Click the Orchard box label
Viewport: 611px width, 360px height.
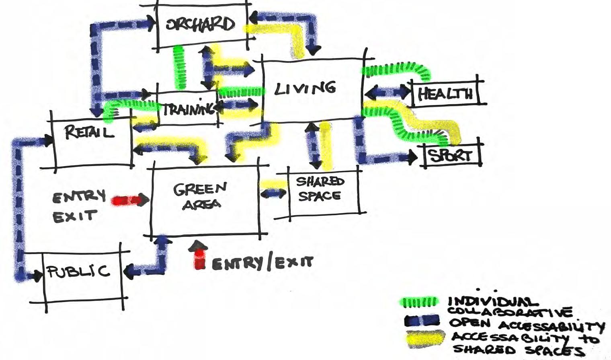click(x=200, y=24)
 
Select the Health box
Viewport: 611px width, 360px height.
click(x=445, y=94)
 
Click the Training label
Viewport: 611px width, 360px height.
click(x=188, y=109)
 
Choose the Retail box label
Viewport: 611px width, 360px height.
click(x=89, y=132)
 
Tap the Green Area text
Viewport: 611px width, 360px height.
click(x=200, y=196)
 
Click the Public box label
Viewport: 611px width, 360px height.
click(x=78, y=272)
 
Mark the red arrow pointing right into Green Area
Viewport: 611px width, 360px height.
click(x=129, y=200)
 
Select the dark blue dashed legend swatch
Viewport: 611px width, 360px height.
click(x=422, y=321)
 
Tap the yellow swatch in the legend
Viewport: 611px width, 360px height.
click(x=425, y=338)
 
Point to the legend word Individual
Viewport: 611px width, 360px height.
click(x=493, y=302)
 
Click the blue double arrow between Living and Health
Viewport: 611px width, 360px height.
click(x=388, y=93)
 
